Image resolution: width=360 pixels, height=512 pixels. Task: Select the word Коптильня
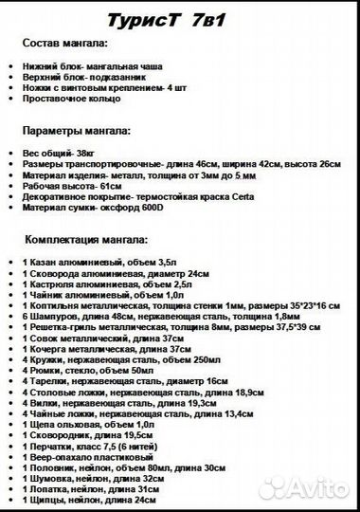(x=58, y=307)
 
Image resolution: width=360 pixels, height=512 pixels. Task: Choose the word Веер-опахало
(x=61, y=456)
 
